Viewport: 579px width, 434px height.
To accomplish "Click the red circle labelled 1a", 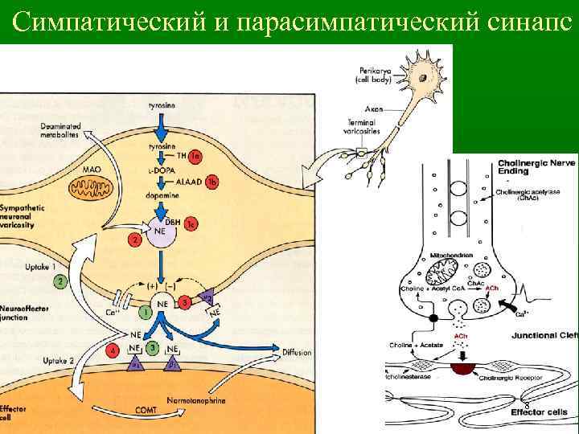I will pyautogui.click(x=195, y=155).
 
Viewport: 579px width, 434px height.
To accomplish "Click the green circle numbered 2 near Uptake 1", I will pyautogui.click(x=60, y=281).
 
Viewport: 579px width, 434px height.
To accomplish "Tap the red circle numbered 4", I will pyautogui.click(x=114, y=350).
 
